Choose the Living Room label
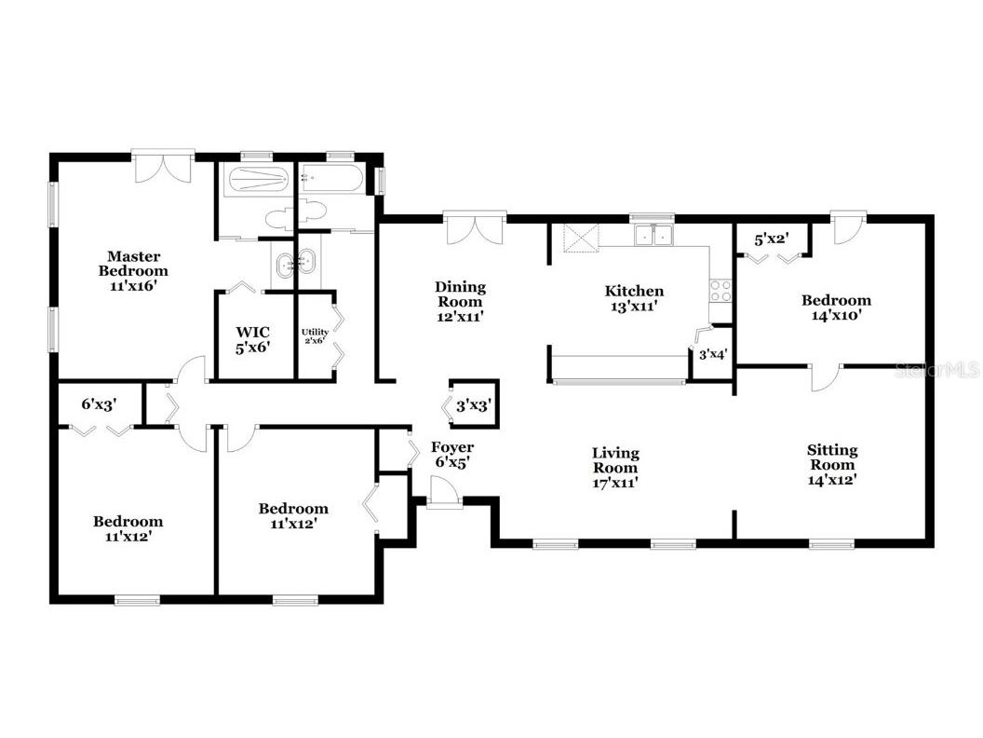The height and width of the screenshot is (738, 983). pyautogui.click(x=616, y=467)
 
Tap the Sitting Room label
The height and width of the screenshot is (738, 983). pyautogui.click(x=832, y=465)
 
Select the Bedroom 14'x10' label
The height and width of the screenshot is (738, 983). pyautogui.click(x=837, y=307)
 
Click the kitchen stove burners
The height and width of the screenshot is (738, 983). pyautogui.click(x=720, y=290)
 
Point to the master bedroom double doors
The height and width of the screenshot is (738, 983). pyautogui.click(x=163, y=168)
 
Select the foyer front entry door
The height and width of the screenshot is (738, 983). pyautogui.click(x=444, y=492)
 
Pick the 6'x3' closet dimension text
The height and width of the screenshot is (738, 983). pyautogui.click(x=99, y=404)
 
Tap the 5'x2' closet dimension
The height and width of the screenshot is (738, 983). pyautogui.click(x=772, y=239)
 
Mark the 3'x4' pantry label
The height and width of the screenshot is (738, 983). pyautogui.click(x=712, y=354)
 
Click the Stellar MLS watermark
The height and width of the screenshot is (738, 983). pyautogui.click(x=936, y=371)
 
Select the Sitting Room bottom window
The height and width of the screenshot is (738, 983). pyautogui.click(x=831, y=543)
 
